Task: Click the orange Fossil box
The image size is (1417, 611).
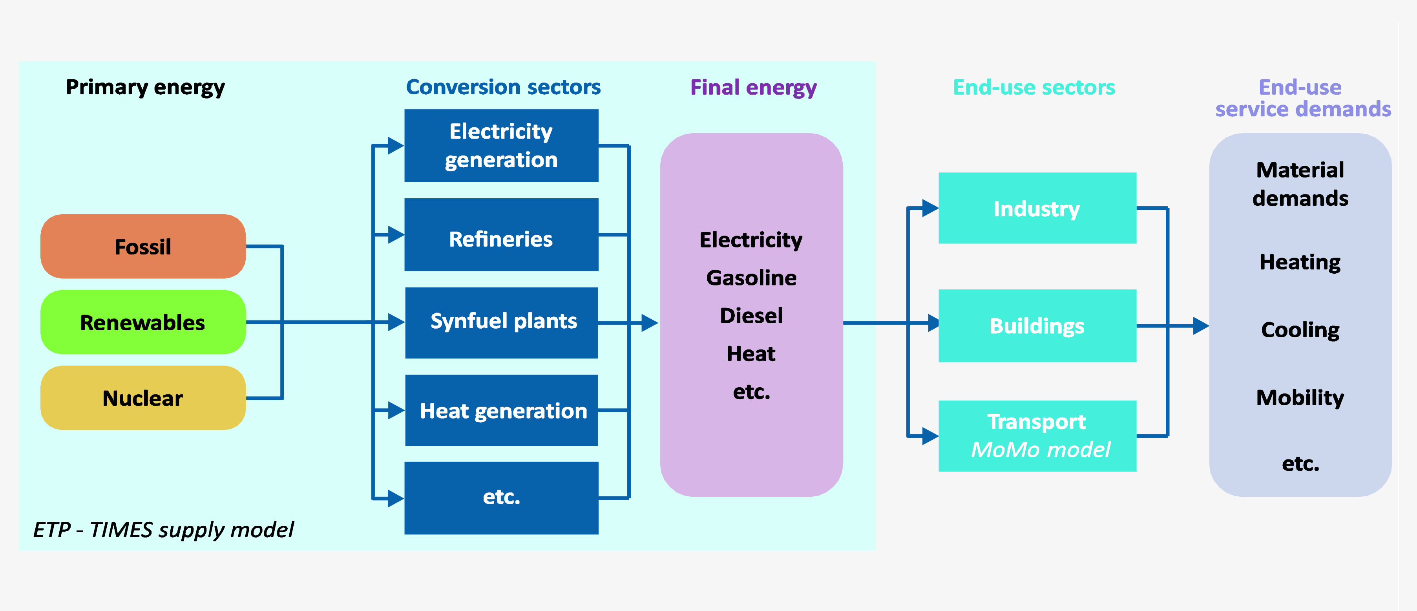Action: click(x=143, y=247)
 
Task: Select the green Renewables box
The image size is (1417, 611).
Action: click(x=143, y=322)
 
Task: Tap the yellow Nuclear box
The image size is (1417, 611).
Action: click(x=143, y=398)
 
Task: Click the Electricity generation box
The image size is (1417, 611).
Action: click(x=501, y=145)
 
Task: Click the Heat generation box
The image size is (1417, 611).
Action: click(x=501, y=411)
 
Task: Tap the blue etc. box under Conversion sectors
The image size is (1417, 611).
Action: click(x=501, y=498)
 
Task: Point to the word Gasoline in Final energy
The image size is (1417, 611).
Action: click(x=751, y=278)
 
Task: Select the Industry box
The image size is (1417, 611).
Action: click(x=1037, y=208)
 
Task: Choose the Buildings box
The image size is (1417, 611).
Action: click(x=1037, y=326)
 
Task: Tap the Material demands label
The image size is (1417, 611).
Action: click(x=1300, y=184)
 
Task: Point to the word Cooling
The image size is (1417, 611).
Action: click(x=1300, y=330)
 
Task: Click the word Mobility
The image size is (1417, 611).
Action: click(x=1300, y=397)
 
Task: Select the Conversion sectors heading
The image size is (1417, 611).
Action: click(x=503, y=87)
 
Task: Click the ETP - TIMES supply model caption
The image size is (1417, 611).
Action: click(x=163, y=530)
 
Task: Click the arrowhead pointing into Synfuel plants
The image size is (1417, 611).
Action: click(x=396, y=322)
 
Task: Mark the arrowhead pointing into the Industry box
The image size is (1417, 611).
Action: click(x=929, y=208)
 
